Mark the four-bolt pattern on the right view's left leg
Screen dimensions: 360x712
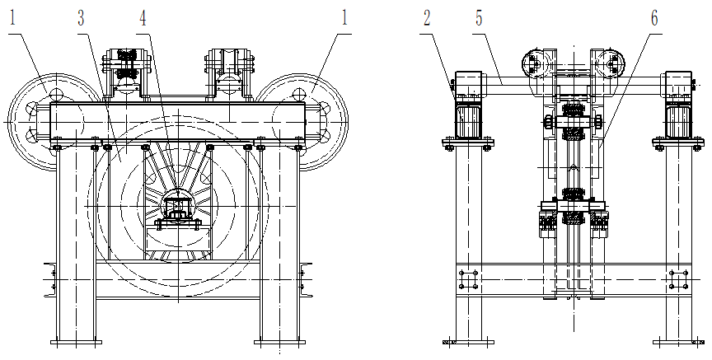pyautogui.click(x=467, y=280)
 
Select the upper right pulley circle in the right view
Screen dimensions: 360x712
pyautogui.click(x=611, y=64)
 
